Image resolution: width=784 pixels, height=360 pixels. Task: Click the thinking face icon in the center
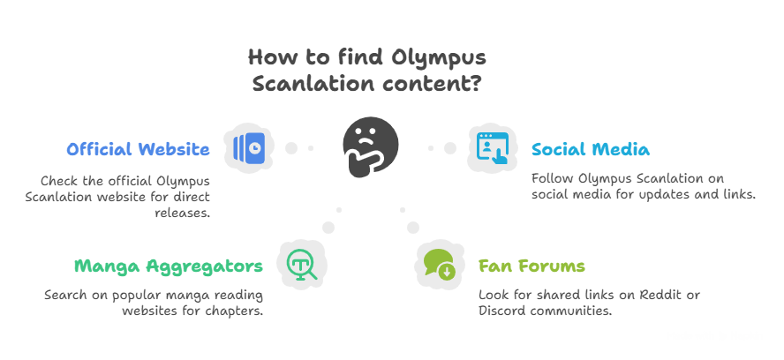[x=371, y=148]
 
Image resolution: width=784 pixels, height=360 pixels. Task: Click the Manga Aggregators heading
[x=168, y=266]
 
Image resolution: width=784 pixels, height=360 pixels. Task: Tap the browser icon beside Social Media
[x=492, y=147]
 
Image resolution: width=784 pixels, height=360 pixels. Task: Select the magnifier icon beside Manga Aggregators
[x=302, y=263]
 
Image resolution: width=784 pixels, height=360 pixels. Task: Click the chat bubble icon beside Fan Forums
[x=440, y=263]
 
